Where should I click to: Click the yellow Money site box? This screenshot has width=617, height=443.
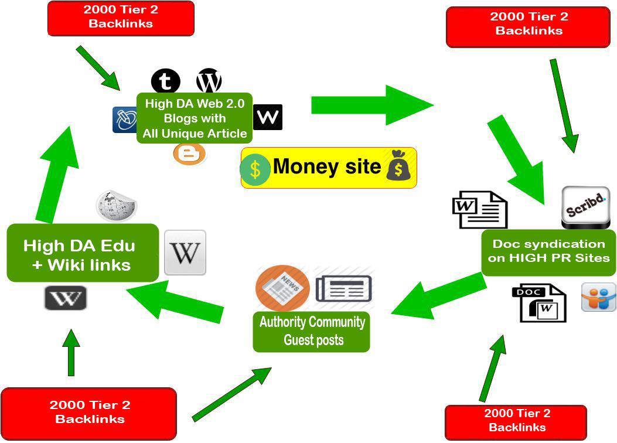tap(328, 168)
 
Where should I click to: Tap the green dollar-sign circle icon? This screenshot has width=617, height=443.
tap(255, 169)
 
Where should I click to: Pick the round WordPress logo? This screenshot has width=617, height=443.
tap(209, 81)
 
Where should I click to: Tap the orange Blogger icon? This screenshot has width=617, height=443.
tap(189, 154)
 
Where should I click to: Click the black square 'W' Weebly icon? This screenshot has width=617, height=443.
tap(268, 117)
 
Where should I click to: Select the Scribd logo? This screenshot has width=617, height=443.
tap(585, 207)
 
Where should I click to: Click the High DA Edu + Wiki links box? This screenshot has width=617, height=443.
tap(83, 253)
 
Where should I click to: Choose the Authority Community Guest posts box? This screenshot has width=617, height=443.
tap(311, 332)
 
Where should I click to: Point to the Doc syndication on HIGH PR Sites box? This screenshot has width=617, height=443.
tap(548, 252)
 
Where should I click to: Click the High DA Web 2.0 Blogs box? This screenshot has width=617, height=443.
tap(195, 118)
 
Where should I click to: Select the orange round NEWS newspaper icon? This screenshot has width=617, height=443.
tap(282, 288)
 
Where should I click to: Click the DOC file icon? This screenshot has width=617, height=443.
tap(539, 302)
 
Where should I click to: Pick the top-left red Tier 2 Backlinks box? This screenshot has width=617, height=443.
tap(120, 18)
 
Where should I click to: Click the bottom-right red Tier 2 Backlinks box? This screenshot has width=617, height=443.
tap(516, 421)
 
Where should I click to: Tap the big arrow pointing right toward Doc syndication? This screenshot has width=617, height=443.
tap(372, 105)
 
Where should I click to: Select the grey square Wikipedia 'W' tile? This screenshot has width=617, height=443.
tap(185, 253)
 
